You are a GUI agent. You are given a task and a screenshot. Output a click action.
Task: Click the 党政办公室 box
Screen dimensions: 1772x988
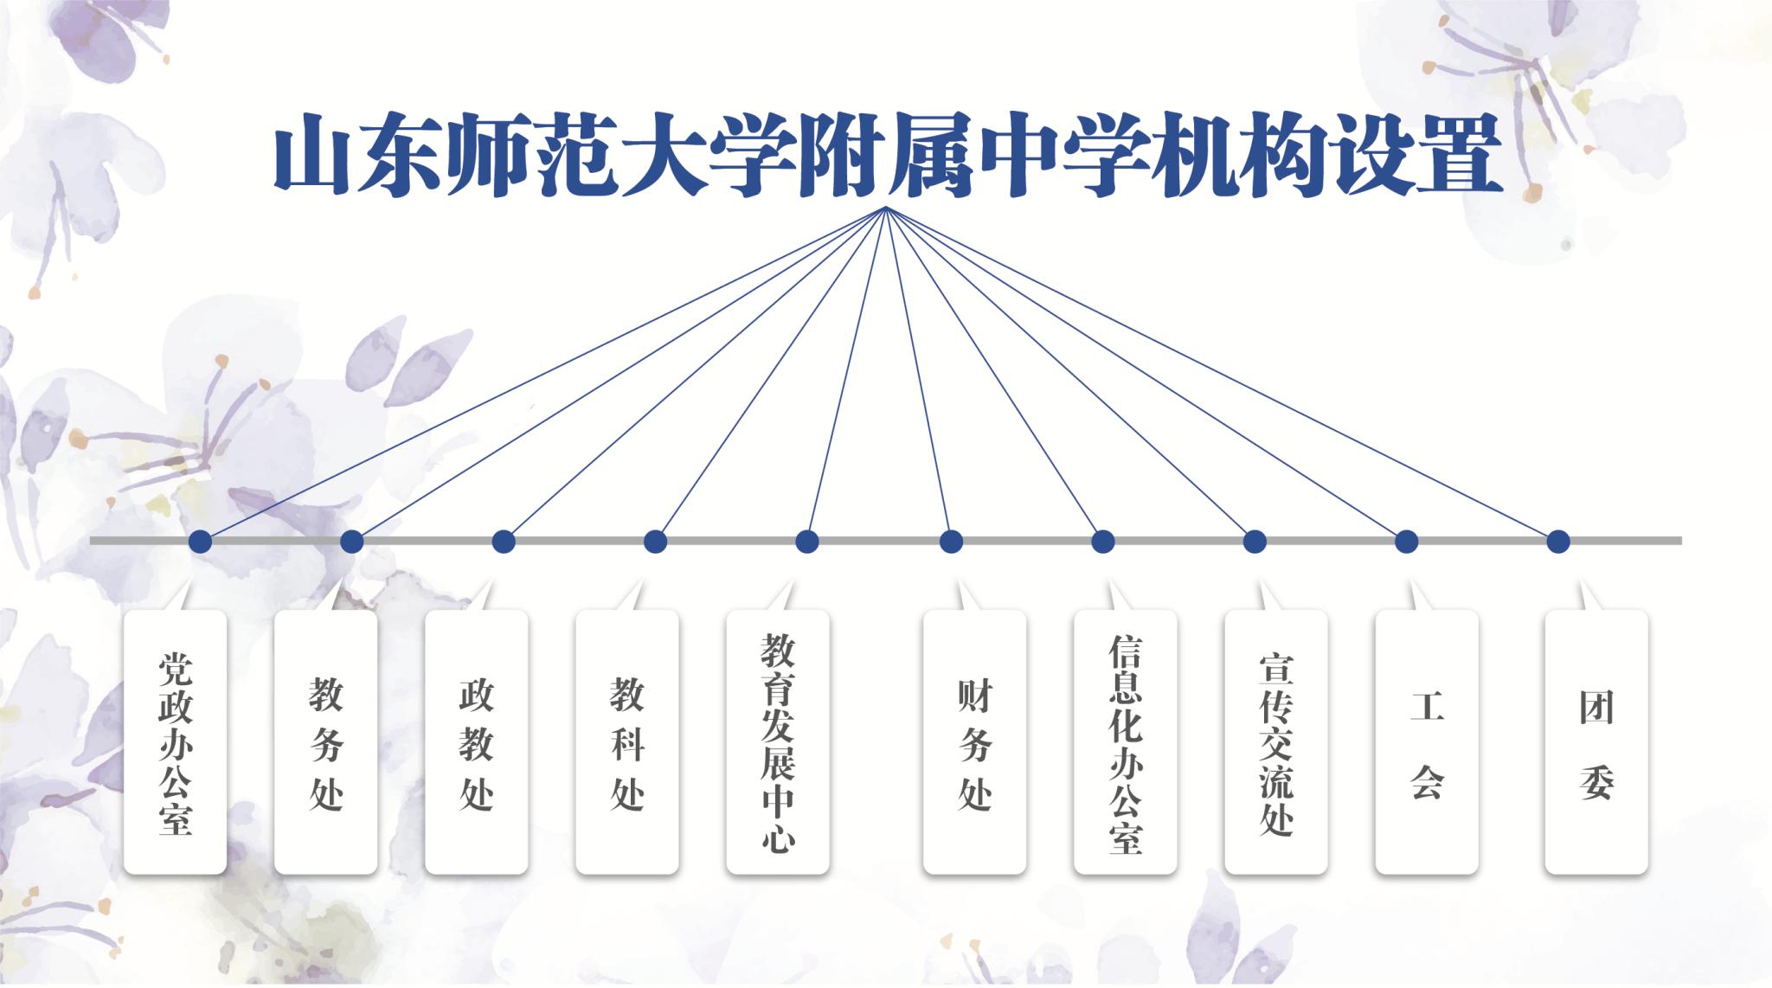[x=176, y=741]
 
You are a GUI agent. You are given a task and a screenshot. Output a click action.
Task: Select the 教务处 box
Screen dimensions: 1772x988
[x=325, y=741]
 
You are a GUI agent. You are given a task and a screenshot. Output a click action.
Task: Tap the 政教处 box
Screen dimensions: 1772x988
[x=477, y=741]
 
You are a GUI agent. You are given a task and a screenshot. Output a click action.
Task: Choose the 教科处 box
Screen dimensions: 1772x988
[x=627, y=741]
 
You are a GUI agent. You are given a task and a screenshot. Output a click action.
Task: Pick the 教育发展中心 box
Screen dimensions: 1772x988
[x=778, y=741]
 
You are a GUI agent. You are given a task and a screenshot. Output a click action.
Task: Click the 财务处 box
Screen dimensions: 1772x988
[x=975, y=741]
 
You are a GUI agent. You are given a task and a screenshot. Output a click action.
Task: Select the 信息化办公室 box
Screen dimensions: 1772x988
[x=1126, y=741]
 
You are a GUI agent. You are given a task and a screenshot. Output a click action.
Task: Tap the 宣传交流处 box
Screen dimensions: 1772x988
[x=1276, y=741]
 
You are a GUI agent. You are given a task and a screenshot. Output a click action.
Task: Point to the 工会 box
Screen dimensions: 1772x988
[x=1427, y=741]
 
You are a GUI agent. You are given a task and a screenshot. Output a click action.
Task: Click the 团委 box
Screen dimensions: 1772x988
[x=1596, y=741]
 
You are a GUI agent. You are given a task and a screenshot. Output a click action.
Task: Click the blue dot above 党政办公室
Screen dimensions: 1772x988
[x=200, y=542]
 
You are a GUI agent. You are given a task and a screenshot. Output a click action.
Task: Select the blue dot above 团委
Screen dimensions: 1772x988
[x=1558, y=542]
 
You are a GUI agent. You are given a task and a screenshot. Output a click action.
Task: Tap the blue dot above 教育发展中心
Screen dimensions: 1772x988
[x=807, y=542]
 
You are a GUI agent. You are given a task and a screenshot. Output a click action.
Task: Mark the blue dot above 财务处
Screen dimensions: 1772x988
[x=951, y=542]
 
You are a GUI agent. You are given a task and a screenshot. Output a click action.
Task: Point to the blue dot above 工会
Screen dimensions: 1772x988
[x=1407, y=542]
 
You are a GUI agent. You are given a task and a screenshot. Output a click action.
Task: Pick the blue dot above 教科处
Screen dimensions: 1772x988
[x=656, y=542]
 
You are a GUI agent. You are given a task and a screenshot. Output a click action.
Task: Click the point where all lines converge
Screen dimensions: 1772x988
[x=886, y=209]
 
